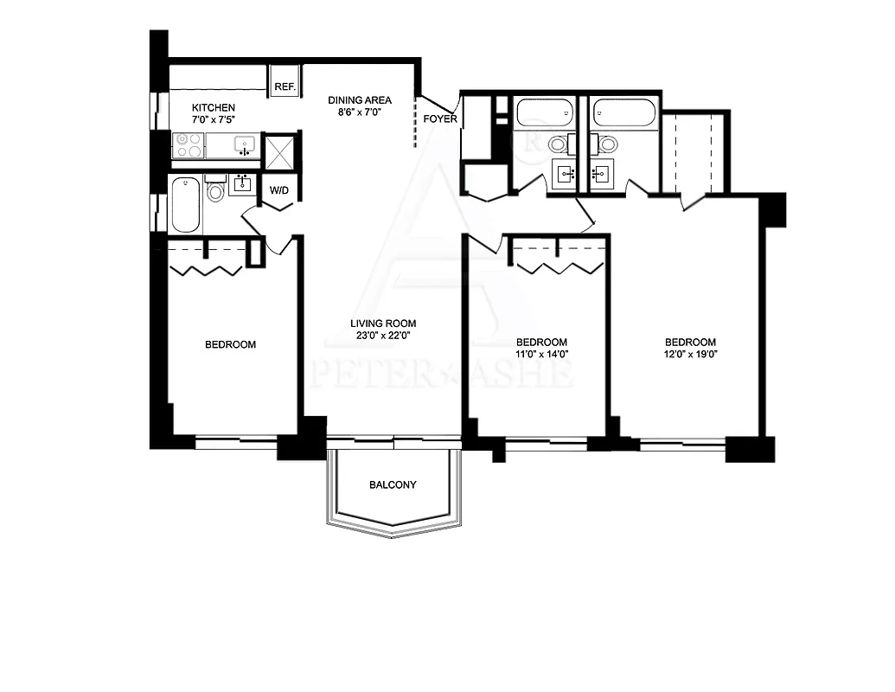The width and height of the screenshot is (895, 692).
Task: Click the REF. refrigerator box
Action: [x=284, y=81]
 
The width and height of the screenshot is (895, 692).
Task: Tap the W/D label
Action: [x=279, y=190]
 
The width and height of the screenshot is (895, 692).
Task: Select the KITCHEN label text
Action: [x=214, y=107]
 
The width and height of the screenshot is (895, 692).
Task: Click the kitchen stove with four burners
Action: [x=189, y=145]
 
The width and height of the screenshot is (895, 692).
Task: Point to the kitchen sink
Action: [x=245, y=145]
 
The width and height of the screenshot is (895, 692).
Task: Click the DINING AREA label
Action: [x=360, y=100]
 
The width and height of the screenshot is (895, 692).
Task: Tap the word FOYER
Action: [x=440, y=119]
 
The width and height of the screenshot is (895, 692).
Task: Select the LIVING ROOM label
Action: [x=383, y=324]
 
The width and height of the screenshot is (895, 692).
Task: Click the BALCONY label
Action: [x=393, y=484]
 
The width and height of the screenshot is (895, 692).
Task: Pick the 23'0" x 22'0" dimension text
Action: [x=383, y=336]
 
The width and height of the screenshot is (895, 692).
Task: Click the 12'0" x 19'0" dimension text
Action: [x=690, y=354]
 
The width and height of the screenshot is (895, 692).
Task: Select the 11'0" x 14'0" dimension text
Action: [x=541, y=354]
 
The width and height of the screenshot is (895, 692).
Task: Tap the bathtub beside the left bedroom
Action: [x=186, y=205]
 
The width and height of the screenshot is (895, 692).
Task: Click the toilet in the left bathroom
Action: [x=215, y=189]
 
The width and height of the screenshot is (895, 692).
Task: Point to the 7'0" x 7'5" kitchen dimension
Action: [x=214, y=119]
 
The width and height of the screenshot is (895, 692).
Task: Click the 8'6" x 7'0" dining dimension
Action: [x=360, y=112]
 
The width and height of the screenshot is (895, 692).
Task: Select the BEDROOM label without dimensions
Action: [x=231, y=344]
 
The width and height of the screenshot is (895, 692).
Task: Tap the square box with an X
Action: [x=279, y=151]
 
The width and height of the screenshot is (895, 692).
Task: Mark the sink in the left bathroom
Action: [x=243, y=185]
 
